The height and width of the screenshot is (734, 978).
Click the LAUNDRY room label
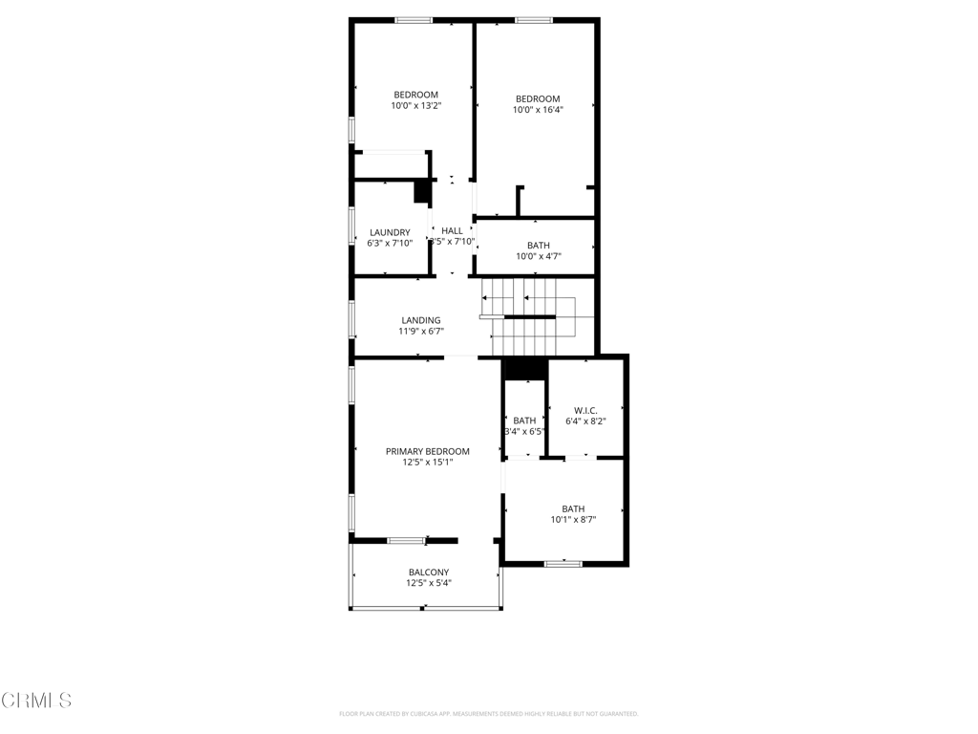[x=390, y=232]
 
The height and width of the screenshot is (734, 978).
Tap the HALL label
[x=452, y=230]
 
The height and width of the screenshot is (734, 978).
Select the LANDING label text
[x=420, y=320]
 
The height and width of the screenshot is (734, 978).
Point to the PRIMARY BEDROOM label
[x=427, y=451]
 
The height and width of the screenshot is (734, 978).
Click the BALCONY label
[x=428, y=572]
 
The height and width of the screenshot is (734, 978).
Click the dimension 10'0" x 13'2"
[x=415, y=106]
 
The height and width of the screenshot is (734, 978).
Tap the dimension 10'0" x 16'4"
[x=538, y=110]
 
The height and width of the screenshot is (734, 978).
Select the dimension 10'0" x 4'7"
[x=538, y=256]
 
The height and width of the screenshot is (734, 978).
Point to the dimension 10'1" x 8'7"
[x=573, y=520]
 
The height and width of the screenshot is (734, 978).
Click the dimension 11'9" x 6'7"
[x=421, y=332]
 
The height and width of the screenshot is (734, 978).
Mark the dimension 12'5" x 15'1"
[x=427, y=463]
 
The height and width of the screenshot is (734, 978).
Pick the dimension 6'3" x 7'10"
[x=390, y=244]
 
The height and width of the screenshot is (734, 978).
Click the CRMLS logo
[x=36, y=701]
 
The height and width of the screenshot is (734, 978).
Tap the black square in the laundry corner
[x=421, y=191]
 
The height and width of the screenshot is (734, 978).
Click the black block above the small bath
[x=523, y=369]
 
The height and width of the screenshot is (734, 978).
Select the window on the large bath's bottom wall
[x=563, y=564]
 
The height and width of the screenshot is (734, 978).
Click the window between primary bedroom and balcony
[x=406, y=541]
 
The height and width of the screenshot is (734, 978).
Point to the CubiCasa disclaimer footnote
[x=488, y=714]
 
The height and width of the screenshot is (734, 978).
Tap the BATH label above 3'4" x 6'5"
[x=524, y=421]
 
